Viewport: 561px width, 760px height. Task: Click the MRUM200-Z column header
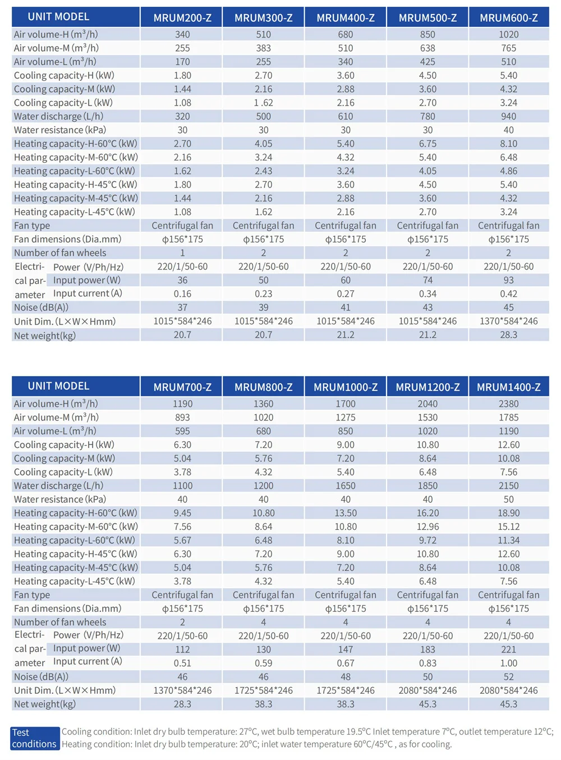coord(182,18)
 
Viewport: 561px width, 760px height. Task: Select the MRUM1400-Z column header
coord(509,387)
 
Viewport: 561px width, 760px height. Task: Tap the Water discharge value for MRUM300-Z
coord(263,117)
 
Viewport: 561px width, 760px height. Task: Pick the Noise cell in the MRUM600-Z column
coord(509,308)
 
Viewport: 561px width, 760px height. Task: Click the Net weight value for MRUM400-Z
coord(346,335)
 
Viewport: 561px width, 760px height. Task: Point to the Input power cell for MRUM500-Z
coord(428,280)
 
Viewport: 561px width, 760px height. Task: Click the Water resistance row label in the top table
coord(60,130)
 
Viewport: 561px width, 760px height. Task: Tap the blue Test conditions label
coord(35,738)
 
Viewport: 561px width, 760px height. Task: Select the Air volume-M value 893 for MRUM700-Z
coord(182,418)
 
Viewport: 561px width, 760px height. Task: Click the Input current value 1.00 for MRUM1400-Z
coord(509,663)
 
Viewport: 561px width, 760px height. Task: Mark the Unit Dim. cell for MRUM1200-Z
coord(428,690)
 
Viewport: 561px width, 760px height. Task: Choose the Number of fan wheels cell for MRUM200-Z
coord(182,253)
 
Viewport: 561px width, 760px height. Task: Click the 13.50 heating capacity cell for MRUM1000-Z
coord(346,513)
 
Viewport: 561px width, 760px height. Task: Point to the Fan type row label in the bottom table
coord(32,595)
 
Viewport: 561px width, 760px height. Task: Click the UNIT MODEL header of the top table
coord(58,16)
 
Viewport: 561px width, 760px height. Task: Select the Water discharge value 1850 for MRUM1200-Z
coord(428,486)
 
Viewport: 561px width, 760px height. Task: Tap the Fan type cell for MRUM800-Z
coord(263,595)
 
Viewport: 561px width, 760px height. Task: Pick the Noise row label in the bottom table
coord(41,677)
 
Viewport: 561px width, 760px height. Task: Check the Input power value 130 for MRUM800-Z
coord(263,649)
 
